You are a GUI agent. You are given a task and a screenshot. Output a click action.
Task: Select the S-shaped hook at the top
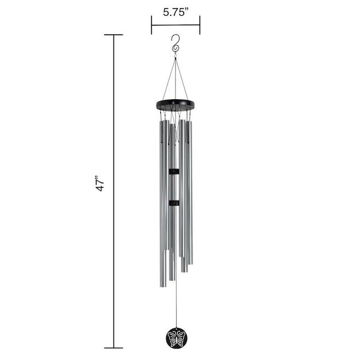(x=175, y=44)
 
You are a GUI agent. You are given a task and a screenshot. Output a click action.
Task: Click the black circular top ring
(x=175, y=104)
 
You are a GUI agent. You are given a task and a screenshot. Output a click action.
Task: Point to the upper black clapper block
(x=174, y=172)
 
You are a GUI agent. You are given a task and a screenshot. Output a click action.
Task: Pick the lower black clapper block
(x=174, y=203)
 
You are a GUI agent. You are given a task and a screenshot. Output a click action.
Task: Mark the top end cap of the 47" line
(x=113, y=35)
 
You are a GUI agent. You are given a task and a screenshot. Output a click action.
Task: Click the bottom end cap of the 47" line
(x=113, y=347)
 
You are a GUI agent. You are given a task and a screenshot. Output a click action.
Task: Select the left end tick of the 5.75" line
(x=152, y=25)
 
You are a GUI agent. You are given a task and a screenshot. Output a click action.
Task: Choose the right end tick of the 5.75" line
(x=200, y=25)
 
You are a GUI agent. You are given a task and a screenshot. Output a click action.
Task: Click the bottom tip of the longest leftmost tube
(x=163, y=285)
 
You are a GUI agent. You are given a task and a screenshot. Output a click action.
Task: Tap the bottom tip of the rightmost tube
(x=190, y=262)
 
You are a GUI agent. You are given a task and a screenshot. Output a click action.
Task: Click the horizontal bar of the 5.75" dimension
(x=176, y=25)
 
